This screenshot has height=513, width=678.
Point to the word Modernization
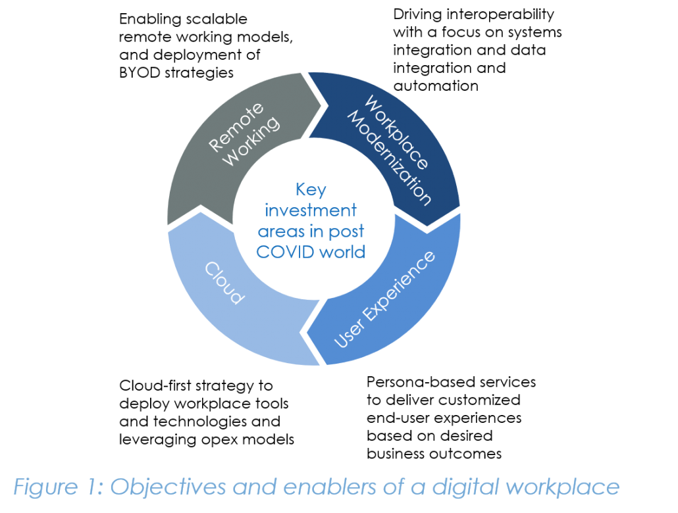coord(390,158)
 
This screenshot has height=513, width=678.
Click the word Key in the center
coord(311,190)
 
